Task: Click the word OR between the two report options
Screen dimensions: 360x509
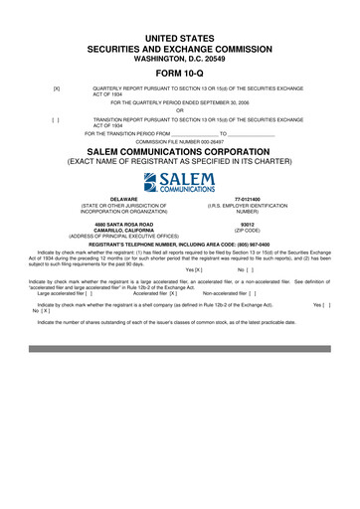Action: (179, 110)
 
